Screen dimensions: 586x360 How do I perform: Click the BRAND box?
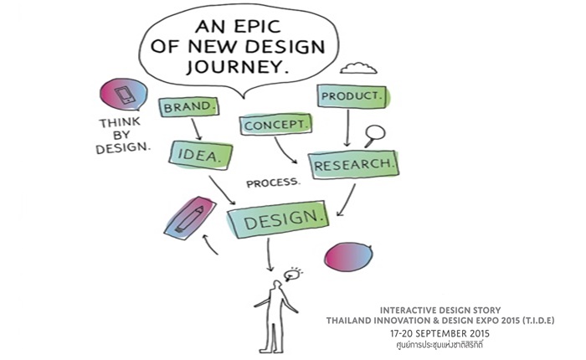tap(188, 107)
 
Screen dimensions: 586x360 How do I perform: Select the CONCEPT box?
tap(275, 125)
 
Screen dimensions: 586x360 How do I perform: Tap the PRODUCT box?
tap(352, 96)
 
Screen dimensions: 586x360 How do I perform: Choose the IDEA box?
tap(201, 155)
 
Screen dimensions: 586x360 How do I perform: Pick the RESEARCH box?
tap(353, 164)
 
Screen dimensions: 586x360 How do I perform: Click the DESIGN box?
tap(278, 219)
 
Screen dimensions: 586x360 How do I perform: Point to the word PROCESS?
tap(273, 183)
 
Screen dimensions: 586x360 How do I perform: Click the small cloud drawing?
tap(358, 69)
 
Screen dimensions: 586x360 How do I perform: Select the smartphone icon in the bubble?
tap(125, 95)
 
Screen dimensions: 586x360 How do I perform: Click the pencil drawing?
tap(190, 219)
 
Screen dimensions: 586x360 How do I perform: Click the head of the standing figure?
tap(276, 285)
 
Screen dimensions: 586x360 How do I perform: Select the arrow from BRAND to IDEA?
tap(197, 129)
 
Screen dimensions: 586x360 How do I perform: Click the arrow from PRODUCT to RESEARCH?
tap(347, 128)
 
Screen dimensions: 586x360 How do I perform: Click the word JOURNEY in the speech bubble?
tap(238, 67)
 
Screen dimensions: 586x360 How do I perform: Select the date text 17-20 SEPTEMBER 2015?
tap(439, 333)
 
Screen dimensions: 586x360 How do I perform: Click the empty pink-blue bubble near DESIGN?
tap(348, 256)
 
